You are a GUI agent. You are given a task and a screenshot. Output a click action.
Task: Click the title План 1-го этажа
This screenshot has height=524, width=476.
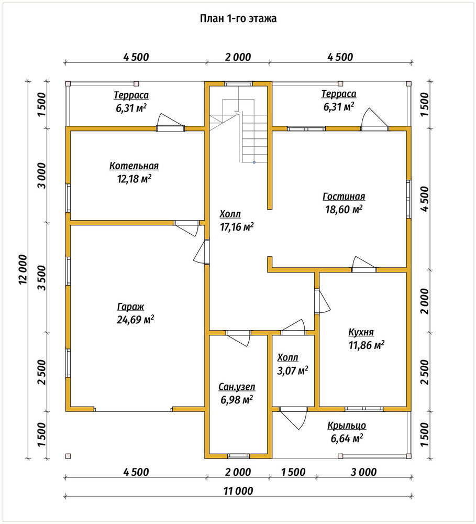coord(238,18)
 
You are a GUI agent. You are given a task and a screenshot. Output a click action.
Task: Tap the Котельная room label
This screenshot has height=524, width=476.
coord(134,166)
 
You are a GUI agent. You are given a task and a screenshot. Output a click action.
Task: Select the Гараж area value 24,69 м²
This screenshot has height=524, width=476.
coord(135,320)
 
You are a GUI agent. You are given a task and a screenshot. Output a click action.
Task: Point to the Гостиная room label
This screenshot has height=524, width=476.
coord(344,196)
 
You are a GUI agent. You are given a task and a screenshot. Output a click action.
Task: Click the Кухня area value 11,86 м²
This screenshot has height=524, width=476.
coord(367,345)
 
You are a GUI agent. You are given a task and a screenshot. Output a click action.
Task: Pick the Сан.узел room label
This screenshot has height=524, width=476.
coord(237,387)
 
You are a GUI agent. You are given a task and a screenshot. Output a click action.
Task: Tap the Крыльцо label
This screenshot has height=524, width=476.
coord(347,425)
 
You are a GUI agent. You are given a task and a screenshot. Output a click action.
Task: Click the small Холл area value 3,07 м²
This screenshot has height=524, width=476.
coord(293,370)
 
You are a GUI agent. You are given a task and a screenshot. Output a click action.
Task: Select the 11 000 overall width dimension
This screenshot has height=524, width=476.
coord(238,491)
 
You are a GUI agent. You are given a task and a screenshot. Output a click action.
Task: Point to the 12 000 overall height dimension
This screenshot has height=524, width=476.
coord(23,269)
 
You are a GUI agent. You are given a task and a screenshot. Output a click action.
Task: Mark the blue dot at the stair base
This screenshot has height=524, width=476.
coord(254,162)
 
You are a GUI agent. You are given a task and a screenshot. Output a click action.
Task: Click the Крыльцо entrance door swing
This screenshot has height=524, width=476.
coord(293,418)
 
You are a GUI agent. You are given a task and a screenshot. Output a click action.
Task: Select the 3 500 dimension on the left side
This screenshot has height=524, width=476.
coord(42,278)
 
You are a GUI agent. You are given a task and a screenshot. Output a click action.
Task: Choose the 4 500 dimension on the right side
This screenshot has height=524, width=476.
coord(424,199)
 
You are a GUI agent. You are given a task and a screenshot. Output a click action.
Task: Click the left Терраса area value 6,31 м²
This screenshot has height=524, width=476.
coord(131,108)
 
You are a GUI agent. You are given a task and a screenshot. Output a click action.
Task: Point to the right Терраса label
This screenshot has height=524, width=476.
coord(339,94)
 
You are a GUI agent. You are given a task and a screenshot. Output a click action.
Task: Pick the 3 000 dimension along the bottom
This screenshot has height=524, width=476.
coord(363,472)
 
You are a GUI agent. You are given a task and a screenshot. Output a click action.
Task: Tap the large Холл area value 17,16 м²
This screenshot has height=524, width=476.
coord(237,227)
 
